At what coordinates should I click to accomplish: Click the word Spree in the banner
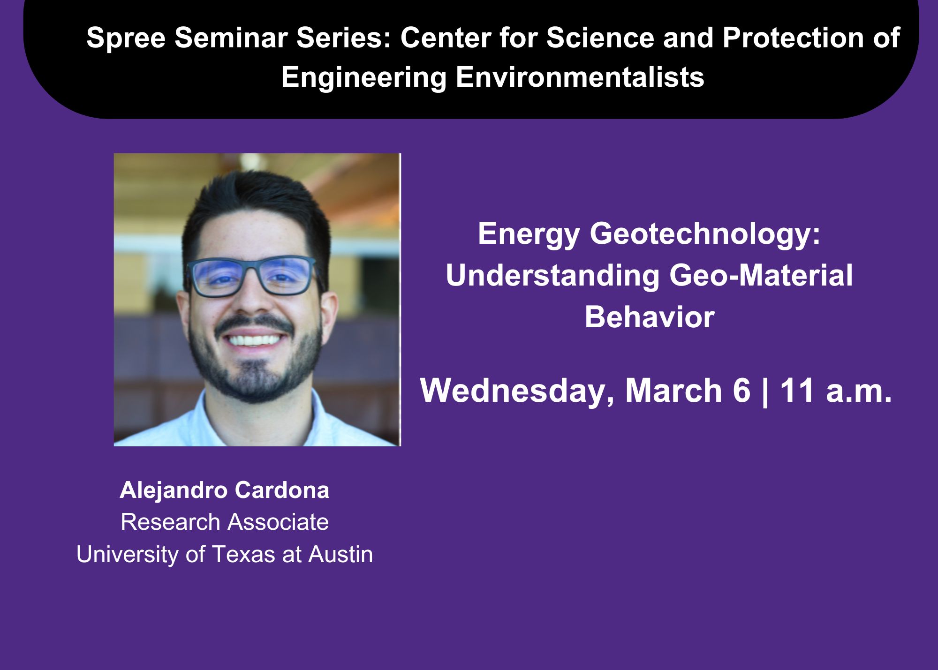click(126, 38)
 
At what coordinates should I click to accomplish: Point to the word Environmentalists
click(580, 77)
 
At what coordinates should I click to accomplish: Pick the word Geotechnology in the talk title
click(700, 234)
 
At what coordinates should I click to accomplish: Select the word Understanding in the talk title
click(552, 276)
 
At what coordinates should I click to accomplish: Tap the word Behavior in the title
click(650, 317)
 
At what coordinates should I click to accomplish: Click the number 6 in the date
click(741, 391)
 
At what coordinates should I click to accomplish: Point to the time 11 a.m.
click(835, 391)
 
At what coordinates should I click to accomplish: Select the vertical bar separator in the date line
click(765, 392)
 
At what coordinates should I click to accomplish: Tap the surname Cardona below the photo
click(282, 490)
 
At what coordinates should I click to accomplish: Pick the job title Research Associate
click(225, 522)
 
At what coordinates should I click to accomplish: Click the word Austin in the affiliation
click(340, 555)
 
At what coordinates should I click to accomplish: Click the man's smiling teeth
click(254, 339)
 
